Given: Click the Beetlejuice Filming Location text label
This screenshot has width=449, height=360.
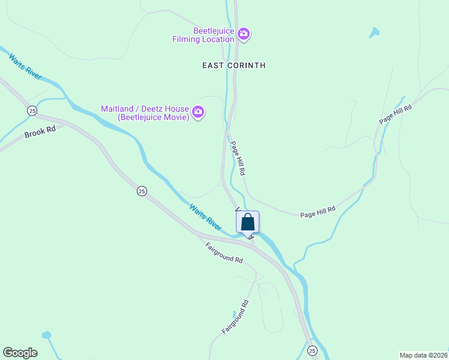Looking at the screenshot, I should pyautogui.click(x=213, y=35).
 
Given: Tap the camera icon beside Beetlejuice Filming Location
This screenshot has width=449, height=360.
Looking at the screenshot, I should pyautogui.click(x=243, y=34).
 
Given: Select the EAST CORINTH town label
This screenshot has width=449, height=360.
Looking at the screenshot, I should pyautogui.click(x=234, y=65).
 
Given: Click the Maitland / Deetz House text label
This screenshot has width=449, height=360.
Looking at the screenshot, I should pyautogui.click(x=145, y=113).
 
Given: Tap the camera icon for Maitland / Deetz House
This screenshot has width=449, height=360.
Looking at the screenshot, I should pyautogui.click(x=198, y=112).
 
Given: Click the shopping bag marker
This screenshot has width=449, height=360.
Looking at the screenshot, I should pyautogui.click(x=247, y=223).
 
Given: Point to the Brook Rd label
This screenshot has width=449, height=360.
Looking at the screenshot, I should pyautogui.click(x=40, y=132).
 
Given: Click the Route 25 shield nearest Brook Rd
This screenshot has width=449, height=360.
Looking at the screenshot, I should pyautogui.click(x=32, y=110).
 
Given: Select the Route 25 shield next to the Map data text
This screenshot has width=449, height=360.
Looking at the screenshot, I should pyautogui.click(x=312, y=350).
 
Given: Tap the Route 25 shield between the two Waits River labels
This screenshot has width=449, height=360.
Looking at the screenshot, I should pyautogui.click(x=141, y=191).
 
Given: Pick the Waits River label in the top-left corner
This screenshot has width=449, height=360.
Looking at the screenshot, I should pyautogui.click(x=25, y=66).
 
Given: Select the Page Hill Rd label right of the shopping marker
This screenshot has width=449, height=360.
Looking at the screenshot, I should pyautogui.click(x=318, y=212).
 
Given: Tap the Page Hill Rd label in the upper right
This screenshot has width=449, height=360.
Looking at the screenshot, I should pyautogui.click(x=396, y=115).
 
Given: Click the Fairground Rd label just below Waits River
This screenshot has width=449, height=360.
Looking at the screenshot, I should pyautogui.click(x=224, y=253).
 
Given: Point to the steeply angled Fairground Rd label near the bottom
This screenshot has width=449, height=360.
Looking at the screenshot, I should pyautogui.click(x=235, y=317).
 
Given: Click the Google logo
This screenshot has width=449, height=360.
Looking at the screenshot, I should pyautogui.click(x=20, y=353).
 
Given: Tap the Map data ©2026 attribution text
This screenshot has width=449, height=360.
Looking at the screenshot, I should pyautogui.click(x=423, y=355).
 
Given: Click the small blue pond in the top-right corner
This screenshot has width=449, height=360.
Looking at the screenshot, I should pyautogui.click(x=375, y=32).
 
